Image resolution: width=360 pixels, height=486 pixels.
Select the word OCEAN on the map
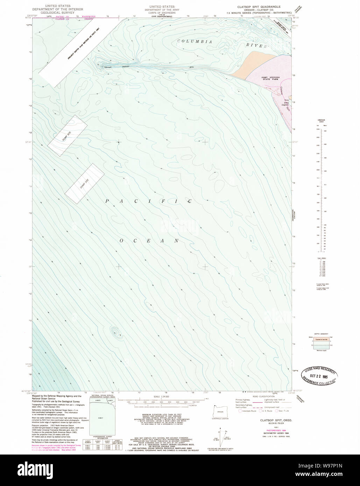[x=149, y=241]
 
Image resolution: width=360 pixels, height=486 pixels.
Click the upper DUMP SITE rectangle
[x=67, y=131]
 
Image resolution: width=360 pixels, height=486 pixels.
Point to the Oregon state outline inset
[x=220, y=409]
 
